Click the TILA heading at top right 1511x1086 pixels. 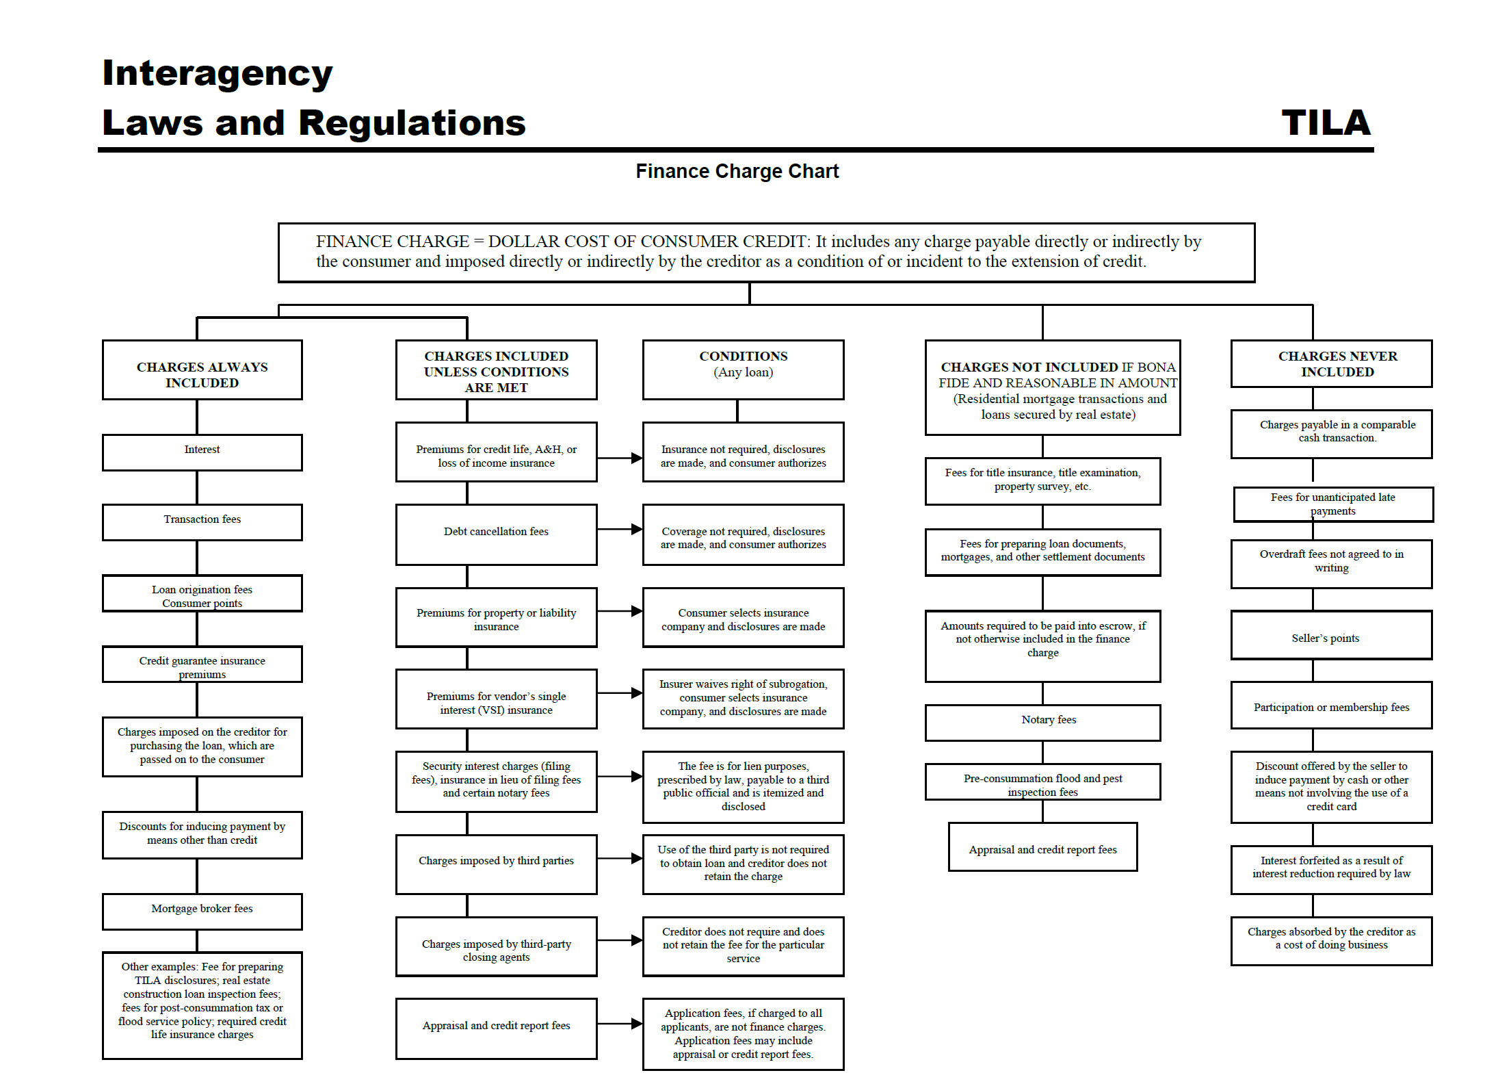1325,123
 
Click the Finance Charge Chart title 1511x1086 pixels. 737,171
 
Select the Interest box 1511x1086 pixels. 202,452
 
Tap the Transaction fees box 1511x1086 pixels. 202,521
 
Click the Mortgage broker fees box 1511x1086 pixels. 202,910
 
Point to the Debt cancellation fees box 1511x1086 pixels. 496,534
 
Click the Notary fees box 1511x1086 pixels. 1042,721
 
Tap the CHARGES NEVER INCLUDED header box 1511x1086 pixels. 1330,363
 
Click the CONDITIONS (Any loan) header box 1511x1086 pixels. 743,369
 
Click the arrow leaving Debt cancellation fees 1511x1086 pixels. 619,529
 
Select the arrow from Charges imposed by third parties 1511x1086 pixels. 619,859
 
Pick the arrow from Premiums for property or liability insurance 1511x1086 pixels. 619,611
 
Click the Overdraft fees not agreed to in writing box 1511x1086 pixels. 1330,563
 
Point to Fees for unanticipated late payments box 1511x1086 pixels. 1332,504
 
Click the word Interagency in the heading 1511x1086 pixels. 217,73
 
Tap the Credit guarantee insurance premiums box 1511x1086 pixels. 202,664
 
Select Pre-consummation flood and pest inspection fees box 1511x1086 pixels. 1042,781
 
